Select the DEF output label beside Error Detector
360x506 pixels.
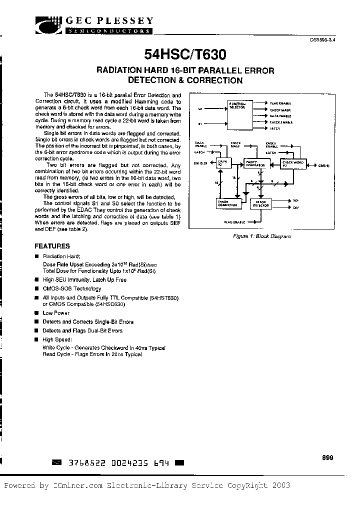point(296,206)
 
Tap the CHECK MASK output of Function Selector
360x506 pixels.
point(280,110)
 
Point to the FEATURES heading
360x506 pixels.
point(52,246)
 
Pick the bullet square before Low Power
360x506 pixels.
point(36,312)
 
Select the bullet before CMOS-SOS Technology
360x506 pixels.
point(36,288)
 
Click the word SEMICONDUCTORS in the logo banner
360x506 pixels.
point(108,31)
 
